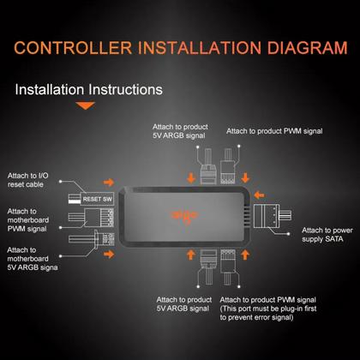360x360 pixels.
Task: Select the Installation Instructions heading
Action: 89,89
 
